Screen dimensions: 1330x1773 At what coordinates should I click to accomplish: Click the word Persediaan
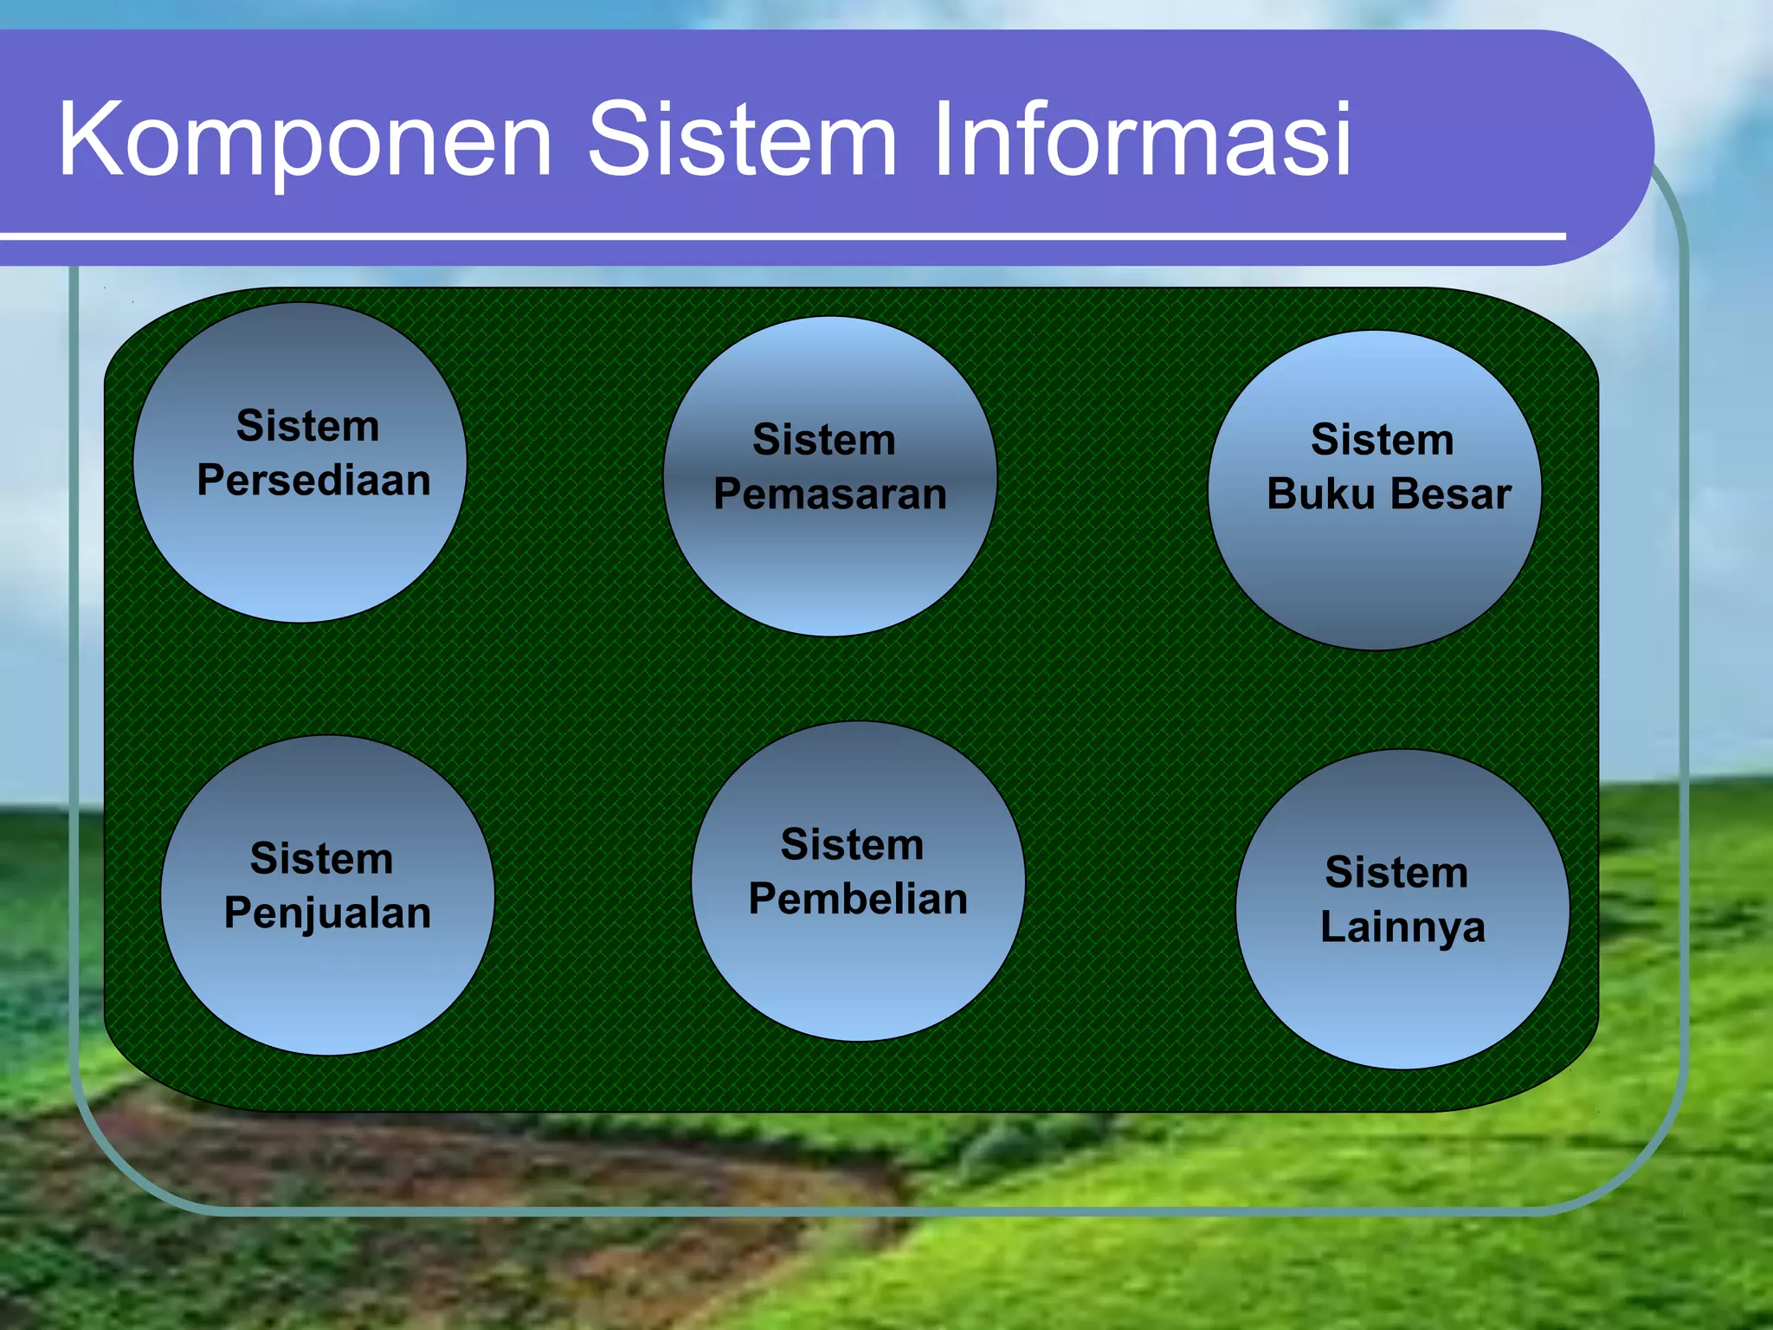(x=313, y=481)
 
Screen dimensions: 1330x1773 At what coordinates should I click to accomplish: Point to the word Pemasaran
(x=829, y=494)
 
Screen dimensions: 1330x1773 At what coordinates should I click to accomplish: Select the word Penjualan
(x=327, y=914)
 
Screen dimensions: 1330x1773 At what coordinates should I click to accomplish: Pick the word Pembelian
(x=858, y=899)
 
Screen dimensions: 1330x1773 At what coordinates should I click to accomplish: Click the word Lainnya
(x=1402, y=928)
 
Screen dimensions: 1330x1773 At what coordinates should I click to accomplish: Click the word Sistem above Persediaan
(x=307, y=426)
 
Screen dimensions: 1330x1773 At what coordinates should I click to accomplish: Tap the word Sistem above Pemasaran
(x=823, y=440)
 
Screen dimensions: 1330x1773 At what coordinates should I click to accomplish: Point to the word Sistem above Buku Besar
(x=1382, y=440)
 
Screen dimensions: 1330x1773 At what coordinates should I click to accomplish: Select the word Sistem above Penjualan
(x=321, y=859)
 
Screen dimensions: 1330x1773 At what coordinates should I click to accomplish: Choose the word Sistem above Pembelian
(x=852, y=844)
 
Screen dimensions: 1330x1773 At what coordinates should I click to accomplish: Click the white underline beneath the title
(x=779, y=236)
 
